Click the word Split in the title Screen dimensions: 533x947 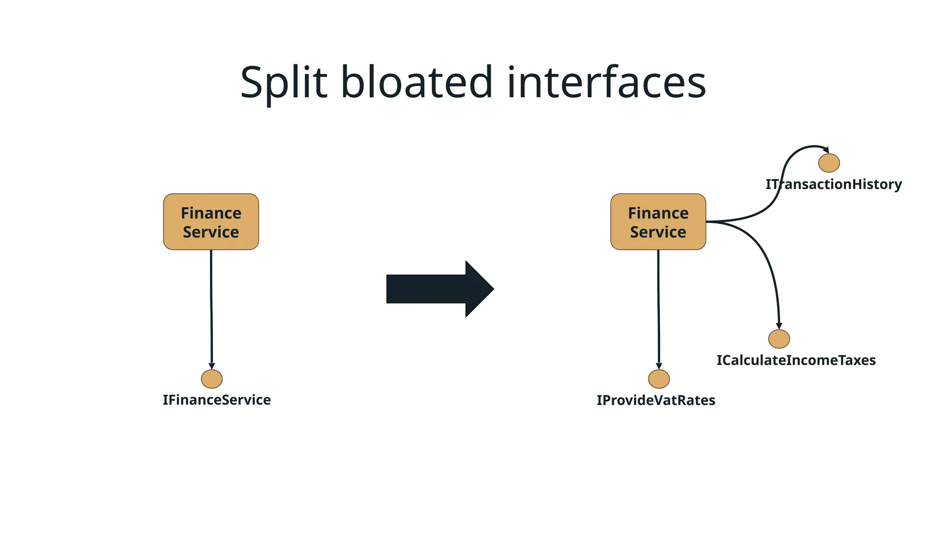pos(283,83)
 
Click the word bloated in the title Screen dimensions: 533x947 pos(417,83)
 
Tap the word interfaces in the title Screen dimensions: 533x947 pos(606,83)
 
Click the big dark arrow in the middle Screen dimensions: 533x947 pos(439,289)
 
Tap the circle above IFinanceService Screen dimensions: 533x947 pos(212,379)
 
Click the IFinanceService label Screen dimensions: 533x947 pos(216,400)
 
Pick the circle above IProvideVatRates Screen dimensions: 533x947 pos(659,379)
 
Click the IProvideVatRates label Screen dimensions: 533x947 pos(656,400)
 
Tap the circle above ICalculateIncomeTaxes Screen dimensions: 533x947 pos(779,339)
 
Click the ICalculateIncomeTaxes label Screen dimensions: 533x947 pos(796,360)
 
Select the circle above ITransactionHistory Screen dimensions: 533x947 pos(829,163)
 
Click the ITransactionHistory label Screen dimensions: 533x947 pos(833,184)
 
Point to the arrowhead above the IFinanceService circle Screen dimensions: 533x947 pos(212,366)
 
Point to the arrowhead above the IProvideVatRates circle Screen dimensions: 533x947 pos(659,366)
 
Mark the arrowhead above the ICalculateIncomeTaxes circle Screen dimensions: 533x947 pos(779,326)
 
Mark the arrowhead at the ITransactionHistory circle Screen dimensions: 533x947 pos(826,149)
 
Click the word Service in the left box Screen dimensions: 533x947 pos(211,232)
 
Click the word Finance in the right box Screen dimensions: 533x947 pos(658,213)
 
